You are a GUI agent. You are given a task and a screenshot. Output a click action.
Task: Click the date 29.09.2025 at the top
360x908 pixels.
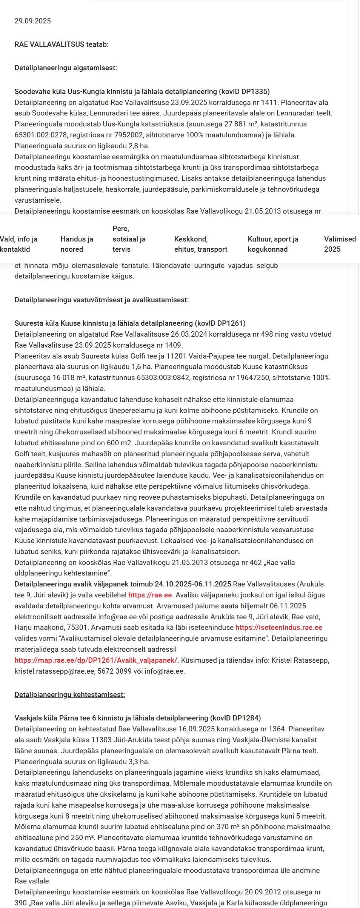point(32,21)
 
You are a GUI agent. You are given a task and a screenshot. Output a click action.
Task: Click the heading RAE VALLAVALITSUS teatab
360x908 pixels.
point(62,45)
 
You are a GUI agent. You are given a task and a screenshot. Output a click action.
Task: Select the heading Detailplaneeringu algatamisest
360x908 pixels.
point(66,68)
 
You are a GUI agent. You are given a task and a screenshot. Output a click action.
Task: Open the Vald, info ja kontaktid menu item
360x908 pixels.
point(19,244)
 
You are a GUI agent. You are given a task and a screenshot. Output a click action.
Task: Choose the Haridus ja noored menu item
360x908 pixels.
point(77,244)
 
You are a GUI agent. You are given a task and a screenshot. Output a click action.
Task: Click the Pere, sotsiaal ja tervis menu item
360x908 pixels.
point(129,239)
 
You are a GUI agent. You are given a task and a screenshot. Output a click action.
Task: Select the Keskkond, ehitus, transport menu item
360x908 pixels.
point(200,244)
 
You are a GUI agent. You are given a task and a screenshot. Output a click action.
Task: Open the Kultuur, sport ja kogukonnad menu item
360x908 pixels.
point(273,244)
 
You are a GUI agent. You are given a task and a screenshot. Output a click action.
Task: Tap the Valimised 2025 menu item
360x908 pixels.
point(340,244)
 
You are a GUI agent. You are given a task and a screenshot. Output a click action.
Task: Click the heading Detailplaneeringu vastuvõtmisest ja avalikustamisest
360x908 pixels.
point(102,300)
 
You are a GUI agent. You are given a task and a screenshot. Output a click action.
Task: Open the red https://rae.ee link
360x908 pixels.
point(150,595)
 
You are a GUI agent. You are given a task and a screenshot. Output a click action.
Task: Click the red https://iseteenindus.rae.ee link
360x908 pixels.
point(278,628)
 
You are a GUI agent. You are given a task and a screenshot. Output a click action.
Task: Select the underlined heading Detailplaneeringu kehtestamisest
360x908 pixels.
point(69,695)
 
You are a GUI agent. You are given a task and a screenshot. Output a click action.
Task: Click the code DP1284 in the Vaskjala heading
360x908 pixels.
point(246,718)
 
